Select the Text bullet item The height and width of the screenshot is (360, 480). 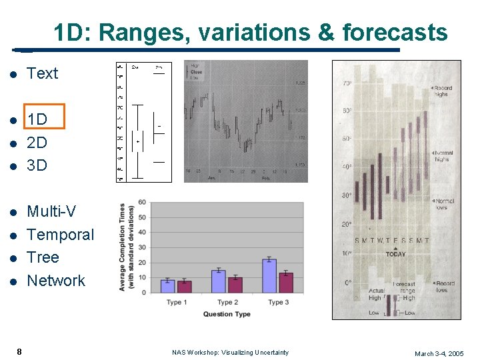pos(43,74)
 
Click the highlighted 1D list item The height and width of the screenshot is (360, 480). pos(37,120)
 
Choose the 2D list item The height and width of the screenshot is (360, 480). pos(37,142)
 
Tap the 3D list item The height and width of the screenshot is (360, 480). pos(37,165)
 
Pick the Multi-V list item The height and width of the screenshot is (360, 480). pos(51,212)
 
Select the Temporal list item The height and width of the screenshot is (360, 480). pos(60,235)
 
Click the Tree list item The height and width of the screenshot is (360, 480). pos(43,257)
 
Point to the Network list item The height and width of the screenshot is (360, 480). pos(56,281)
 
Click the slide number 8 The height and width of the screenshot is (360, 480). pos(20,351)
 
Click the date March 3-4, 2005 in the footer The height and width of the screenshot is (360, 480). pos(439,353)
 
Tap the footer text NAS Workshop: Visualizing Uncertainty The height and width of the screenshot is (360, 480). pos(230,353)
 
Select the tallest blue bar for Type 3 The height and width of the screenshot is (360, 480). pos(269,276)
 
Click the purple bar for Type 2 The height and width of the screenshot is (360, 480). pos(235,285)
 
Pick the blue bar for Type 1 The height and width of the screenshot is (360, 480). pos(167,286)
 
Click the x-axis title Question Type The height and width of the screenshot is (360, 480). pos(227,314)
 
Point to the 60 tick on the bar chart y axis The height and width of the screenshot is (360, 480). pos(142,203)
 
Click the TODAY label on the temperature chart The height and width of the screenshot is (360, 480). pos(395,254)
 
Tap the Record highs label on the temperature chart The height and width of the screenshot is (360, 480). pos(441,91)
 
